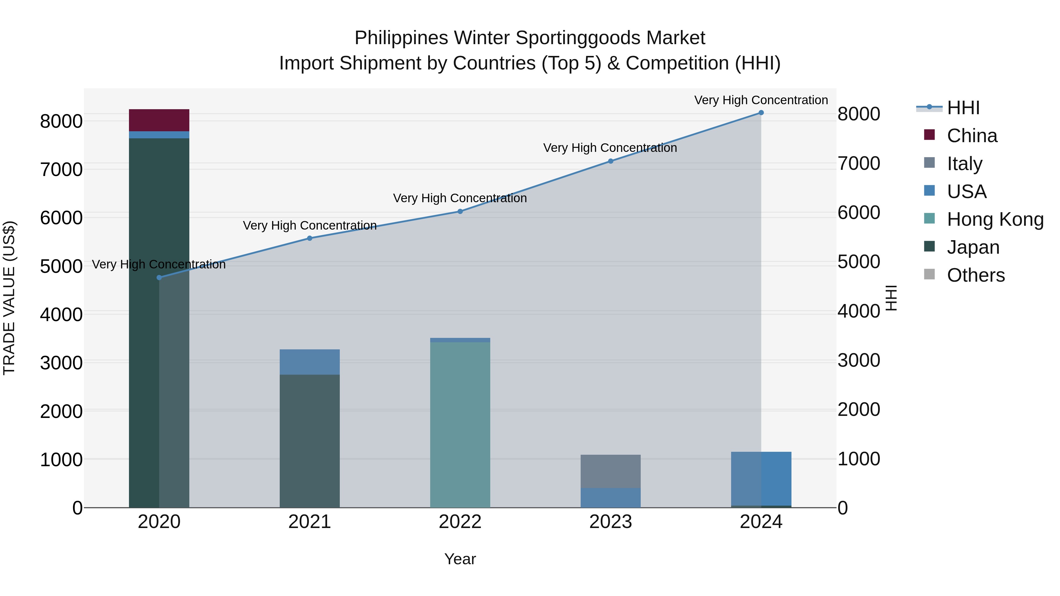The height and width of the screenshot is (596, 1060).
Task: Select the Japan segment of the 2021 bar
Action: pos(309,440)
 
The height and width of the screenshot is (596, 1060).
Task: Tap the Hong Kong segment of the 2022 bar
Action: pos(460,424)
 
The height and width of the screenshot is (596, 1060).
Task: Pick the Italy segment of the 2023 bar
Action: pos(610,471)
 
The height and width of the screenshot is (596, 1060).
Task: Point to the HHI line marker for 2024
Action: pos(761,113)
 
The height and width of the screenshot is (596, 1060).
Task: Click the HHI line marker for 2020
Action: pos(159,278)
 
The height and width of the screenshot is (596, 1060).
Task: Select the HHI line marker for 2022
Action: pos(460,211)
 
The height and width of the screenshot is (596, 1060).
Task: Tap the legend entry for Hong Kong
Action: pos(995,219)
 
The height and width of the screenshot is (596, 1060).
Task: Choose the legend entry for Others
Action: pos(975,275)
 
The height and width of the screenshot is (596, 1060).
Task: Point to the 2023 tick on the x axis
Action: pos(610,522)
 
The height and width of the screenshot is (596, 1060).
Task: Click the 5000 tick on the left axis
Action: pos(61,266)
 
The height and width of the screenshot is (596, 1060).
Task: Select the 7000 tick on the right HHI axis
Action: pos(859,163)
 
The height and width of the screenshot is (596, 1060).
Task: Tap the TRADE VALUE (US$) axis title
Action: pos(9,298)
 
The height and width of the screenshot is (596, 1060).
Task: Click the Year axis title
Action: pos(460,559)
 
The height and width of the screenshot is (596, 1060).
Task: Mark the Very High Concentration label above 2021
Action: pos(309,225)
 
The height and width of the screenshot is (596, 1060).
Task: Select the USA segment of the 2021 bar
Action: pos(309,362)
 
